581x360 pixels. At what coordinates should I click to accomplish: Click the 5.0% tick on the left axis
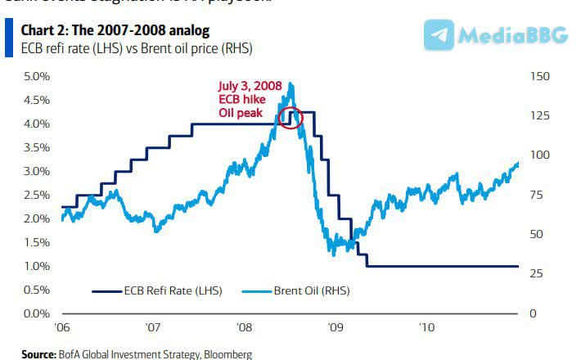click(x=36, y=77)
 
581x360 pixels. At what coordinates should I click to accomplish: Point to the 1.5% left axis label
click(x=36, y=243)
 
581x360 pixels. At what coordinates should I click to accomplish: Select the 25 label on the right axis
click(x=537, y=273)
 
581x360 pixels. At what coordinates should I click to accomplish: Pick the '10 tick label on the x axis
click(x=426, y=327)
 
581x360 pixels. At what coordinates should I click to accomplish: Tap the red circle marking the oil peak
click(x=290, y=117)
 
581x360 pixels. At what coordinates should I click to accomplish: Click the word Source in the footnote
click(x=38, y=354)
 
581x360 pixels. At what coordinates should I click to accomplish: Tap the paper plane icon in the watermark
click(x=440, y=35)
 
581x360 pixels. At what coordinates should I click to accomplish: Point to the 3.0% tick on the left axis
click(x=36, y=172)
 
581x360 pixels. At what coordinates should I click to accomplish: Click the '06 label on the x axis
click(x=62, y=327)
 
